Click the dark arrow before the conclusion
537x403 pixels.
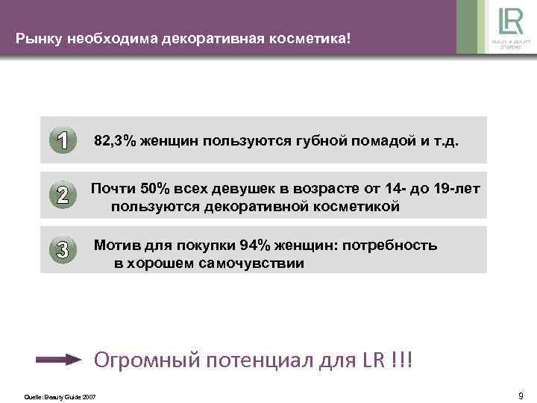(58, 360)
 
